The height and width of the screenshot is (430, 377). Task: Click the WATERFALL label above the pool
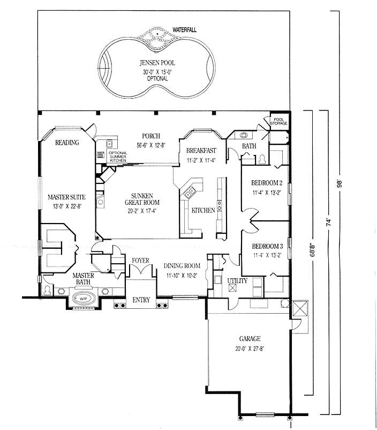tap(184, 29)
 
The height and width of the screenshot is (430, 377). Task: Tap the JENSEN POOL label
tap(157, 63)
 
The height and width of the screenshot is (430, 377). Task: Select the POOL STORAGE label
tap(279, 122)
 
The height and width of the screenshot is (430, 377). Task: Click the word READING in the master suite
tap(67, 143)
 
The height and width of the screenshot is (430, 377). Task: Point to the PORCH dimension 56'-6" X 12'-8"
tap(151, 145)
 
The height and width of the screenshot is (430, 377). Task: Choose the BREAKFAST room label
tap(201, 151)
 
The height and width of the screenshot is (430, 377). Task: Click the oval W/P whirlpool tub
tap(83, 298)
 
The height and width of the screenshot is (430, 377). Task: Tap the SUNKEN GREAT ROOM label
tap(142, 199)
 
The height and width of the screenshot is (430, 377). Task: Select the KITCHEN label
tap(203, 210)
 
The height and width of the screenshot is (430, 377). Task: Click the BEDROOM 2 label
tap(267, 183)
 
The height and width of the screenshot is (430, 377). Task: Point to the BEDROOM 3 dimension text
tap(267, 256)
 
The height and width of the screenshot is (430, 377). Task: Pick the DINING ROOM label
tap(182, 266)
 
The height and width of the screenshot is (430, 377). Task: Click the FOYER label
tap(140, 261)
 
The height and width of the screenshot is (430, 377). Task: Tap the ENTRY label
tap(141, 300)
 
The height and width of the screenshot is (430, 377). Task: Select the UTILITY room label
tap(237, 281)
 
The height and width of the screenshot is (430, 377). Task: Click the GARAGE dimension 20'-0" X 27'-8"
tap(250, 349)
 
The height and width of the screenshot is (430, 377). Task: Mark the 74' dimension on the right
tap(329, 221)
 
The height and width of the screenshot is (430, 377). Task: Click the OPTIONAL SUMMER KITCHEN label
tap(118, 157)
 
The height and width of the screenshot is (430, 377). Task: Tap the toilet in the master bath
tap(48, 290)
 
